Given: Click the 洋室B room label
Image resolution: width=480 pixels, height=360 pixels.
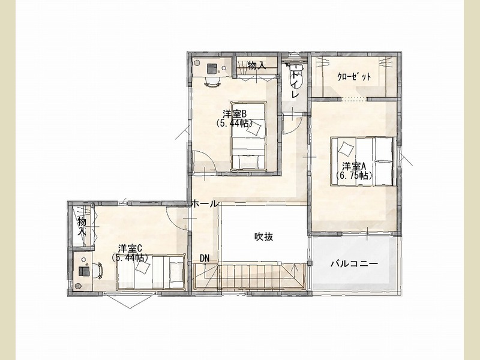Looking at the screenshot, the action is point(235,114).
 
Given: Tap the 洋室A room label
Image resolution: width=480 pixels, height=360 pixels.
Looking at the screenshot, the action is point(354,167).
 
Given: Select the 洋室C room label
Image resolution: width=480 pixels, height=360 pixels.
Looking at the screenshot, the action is point(130,248).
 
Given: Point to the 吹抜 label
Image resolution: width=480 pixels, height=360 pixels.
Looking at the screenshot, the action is point(264,236).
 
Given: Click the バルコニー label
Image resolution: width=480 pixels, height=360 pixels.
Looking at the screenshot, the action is point(354,263).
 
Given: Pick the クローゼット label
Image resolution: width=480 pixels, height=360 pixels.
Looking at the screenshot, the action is point(354,77).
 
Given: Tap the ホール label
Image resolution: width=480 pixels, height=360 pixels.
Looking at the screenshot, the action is point(205,203).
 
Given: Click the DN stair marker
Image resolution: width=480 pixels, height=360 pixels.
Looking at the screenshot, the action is point(205,259).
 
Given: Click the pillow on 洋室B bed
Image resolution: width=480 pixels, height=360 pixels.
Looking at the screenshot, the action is point(254,128).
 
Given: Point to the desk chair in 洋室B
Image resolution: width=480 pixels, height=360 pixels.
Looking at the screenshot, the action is point(212,81).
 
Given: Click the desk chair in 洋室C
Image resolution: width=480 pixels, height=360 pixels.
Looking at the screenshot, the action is point(99,271).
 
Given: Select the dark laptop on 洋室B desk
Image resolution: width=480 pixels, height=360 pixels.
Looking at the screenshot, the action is point(212,68).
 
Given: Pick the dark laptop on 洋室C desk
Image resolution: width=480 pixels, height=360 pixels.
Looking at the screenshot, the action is point(84,271).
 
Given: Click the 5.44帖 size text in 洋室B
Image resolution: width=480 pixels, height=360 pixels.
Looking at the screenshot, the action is point(235,123).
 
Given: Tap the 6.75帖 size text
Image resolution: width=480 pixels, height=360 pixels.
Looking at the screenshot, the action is point(354,175).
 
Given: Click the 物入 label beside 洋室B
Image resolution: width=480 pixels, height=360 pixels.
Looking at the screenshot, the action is point(257,65).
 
